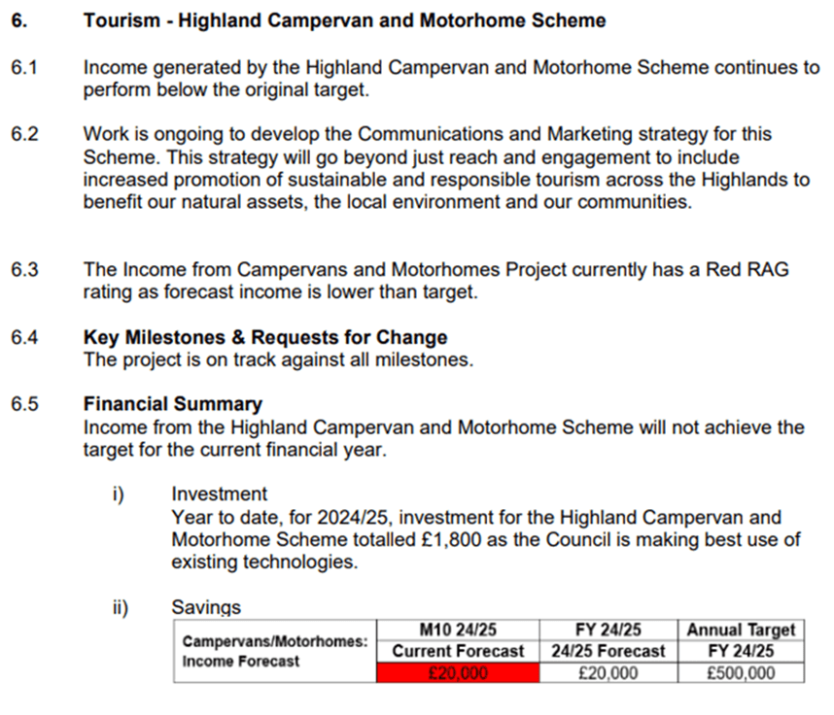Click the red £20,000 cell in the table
456,673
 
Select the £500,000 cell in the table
741,673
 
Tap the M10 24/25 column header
456,630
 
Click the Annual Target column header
741,630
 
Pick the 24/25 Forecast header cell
608,651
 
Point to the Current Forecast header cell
456,651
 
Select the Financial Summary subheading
173,404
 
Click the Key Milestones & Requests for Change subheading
265,337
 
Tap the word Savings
206,607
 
